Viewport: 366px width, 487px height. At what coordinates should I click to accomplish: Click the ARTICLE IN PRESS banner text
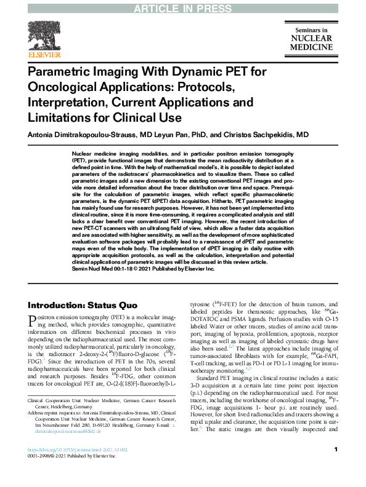click(182, 7)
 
